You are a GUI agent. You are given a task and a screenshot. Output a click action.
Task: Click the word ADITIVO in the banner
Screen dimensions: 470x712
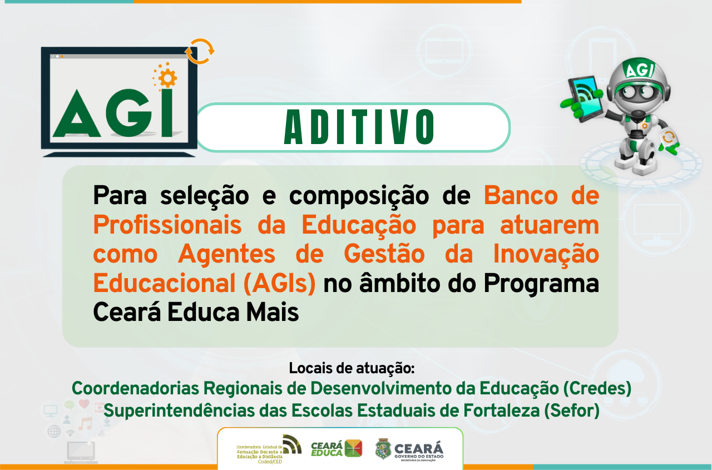pos(359,127)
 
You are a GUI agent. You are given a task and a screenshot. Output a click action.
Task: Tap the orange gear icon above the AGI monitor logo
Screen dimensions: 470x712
pos(165,77)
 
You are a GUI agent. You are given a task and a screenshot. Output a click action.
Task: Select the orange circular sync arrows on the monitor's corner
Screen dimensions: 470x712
pos(199,51)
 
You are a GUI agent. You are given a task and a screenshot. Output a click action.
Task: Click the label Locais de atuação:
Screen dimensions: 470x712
pos(352,368)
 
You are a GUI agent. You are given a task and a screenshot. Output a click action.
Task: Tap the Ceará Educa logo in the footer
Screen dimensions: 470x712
pos(336,448)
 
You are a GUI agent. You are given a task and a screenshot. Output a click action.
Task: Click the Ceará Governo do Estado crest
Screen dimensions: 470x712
pos(383,449)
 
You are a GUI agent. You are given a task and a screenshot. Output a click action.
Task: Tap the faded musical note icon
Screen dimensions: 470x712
pos(85,424)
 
